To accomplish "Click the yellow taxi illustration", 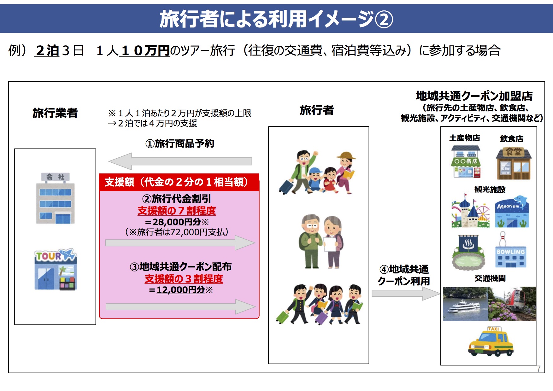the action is point(491,341).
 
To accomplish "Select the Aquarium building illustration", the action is point(512,212).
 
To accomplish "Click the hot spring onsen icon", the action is point(468,252).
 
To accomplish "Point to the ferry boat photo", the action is point(465,304).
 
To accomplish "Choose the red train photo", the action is point(512,304).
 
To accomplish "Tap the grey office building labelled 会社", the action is point(56,198).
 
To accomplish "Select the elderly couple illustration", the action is point(321,241).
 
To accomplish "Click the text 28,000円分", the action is point(177,222).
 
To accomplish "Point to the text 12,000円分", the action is point(181,289).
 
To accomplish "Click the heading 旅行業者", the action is point(55,113).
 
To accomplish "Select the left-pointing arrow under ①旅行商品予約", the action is point(180,161).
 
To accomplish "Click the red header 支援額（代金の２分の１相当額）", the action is point(179,182).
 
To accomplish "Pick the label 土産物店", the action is point(465,138).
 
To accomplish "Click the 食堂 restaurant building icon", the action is point(514,163).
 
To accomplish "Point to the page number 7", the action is point(539,368).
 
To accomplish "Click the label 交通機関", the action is point(490,278).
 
